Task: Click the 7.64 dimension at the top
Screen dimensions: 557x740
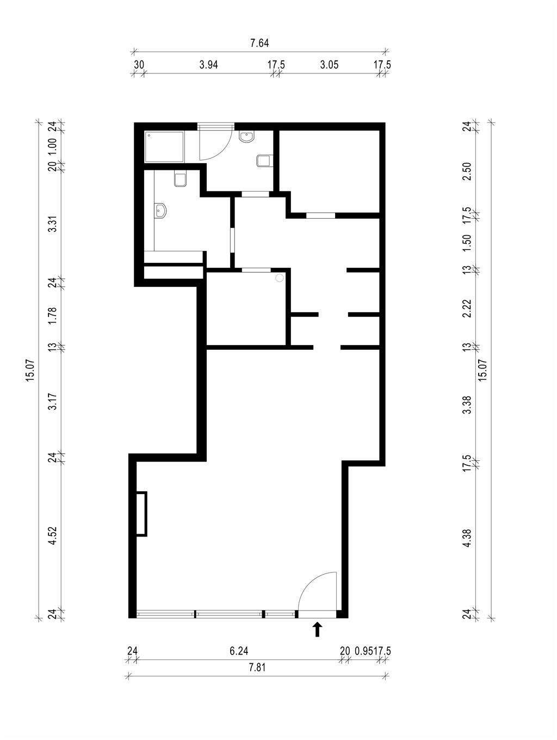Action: pos(259,44)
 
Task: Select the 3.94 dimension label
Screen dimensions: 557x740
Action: pos(208,65)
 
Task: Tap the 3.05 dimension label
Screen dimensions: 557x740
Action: pos(329,65)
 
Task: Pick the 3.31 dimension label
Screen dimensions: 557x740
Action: pos(53,223)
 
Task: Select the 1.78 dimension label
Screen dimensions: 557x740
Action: pos(53,316)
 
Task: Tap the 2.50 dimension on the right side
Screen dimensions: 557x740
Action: pos(467,171)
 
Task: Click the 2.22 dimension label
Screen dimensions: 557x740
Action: pos(467,309)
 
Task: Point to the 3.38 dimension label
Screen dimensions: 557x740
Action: pos(467,405)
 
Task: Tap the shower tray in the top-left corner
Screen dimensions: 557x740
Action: pos(164,147)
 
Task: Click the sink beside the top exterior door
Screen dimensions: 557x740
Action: pos(246,137)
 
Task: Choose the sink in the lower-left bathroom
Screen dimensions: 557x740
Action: pos(160,211)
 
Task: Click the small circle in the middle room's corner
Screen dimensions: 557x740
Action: pos(280,278)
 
